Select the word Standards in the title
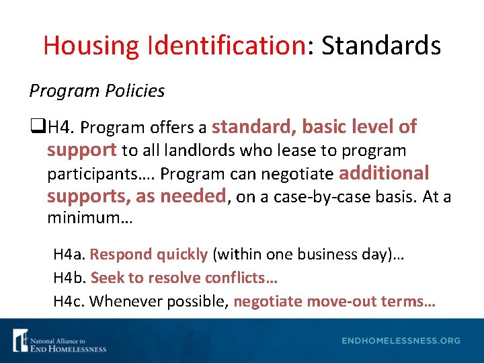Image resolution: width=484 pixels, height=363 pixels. coord(381,46)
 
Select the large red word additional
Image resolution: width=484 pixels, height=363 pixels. coord(384,173)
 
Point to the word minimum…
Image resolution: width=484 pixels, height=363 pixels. coord(81,218)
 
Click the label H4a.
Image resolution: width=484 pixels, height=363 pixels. coord(69,255)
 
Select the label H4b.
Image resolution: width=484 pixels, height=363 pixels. coord(70,278)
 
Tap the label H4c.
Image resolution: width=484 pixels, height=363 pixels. coord(69,301)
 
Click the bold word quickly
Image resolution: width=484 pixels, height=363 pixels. coord(182,255)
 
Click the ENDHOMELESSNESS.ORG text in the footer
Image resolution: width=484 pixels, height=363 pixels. coord(401,341)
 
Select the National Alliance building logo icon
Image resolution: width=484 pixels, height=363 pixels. coord(20,340)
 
